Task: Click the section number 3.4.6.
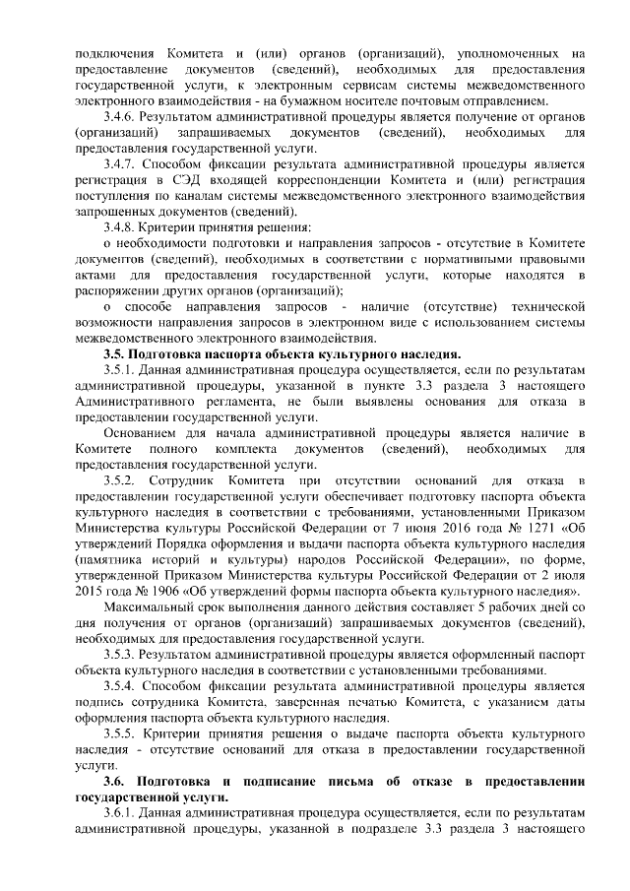[121, 115]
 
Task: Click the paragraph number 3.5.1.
[121, 369]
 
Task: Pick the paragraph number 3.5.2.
[121, 479]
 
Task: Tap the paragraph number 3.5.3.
[121, 653]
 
